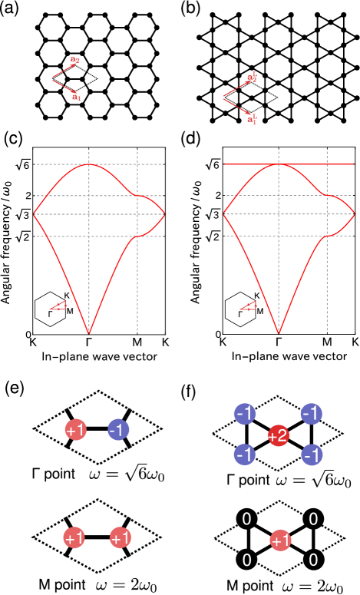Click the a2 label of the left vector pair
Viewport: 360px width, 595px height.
pyautogui.click(x=75, y=59)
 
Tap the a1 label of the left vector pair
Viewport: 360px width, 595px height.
pyautogui.click(x=77, y=98)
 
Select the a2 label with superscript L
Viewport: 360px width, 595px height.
pyautogui.click(x=252, y=78)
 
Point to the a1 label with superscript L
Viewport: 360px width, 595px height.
pyautogui.click(x=252, y=119)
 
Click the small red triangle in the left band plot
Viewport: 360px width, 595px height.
pyautogui.click(x=58, y=306)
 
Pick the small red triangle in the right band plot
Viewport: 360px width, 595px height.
pyautogui.click(x=248, y=306)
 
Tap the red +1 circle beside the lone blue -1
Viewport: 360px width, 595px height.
pyautogui.click(x=75, y=430)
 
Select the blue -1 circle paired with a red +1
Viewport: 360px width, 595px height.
pyautogui.click(x=118, y=430)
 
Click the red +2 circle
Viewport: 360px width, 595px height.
pyautogui.click(x=278, y=436)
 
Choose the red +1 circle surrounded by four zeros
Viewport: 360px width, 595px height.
pyautogui.click(x=280, y=540)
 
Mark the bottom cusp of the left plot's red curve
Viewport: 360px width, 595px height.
pyautogui.click(x=89, y=333)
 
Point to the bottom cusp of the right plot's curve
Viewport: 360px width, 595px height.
pyautogui.click(x=279, y=333)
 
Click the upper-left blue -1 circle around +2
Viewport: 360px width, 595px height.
pyautogui.click(x=245, y=414)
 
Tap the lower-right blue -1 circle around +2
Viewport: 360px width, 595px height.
pyautogui.click(x=312, y=455)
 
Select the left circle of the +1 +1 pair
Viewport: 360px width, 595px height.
pyautogui.click(x=74, y=538)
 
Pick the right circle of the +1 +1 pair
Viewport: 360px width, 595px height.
pyautogui.click(x=121, y=538)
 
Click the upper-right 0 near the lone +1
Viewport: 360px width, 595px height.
pyautogui.click(x=313, y=520)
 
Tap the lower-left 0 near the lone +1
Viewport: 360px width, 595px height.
pyautogui.click(x=246, y=560)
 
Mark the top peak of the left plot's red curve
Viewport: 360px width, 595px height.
pyautogui.click(x=89, y=164)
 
